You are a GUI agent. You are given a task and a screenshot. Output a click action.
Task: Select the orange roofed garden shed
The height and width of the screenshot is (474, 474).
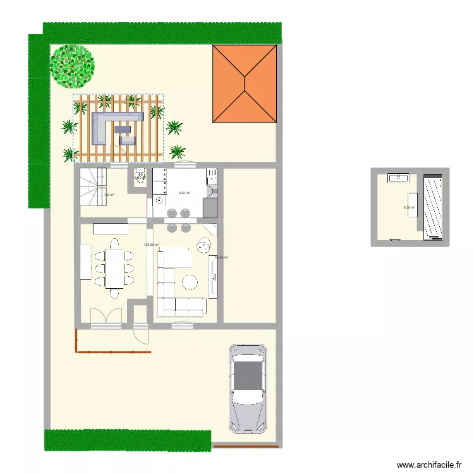pyautogui.click(x=245, y=83)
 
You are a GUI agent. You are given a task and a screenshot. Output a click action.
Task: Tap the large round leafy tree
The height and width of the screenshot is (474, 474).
pyautogui.click(x=72, y=65)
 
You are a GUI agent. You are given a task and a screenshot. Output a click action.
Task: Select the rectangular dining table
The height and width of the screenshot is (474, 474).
pyautogui.click(x=114, y=267)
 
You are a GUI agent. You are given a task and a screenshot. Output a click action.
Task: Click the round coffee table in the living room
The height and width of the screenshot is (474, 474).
pyautogui.click(x=190, y=281)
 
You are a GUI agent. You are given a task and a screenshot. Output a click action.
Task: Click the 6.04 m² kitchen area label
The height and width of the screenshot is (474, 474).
pyautogui.click(x=185, y=193)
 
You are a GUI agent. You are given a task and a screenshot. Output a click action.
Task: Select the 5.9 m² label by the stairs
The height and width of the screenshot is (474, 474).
pyautogui.click(x=109, y=195)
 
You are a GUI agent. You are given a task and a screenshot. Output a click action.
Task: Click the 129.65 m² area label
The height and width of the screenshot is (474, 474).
pyautogui.click(x=152, y=245)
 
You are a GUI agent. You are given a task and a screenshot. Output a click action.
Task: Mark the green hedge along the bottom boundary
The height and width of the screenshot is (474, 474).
pyautogui.click(x=126, y=440)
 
